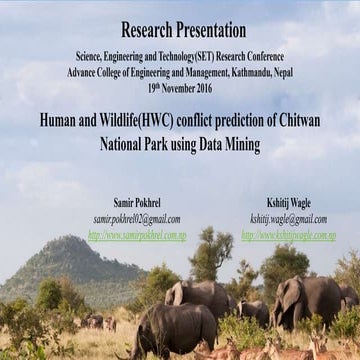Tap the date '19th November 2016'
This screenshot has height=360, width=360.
[x=180, y=87]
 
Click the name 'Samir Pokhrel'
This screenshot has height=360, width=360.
[x=137, y=203]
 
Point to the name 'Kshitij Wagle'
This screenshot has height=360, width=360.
[x=288, y=203]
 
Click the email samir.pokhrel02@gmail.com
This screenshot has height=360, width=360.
[x=137, y=219]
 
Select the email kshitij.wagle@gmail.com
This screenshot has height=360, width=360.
[x=288, y=219]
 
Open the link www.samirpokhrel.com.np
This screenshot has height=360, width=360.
[x=137, y=235]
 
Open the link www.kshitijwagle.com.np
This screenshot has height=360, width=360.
[x=288, y=235]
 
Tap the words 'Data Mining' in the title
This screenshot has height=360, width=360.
[x=227, y=144]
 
